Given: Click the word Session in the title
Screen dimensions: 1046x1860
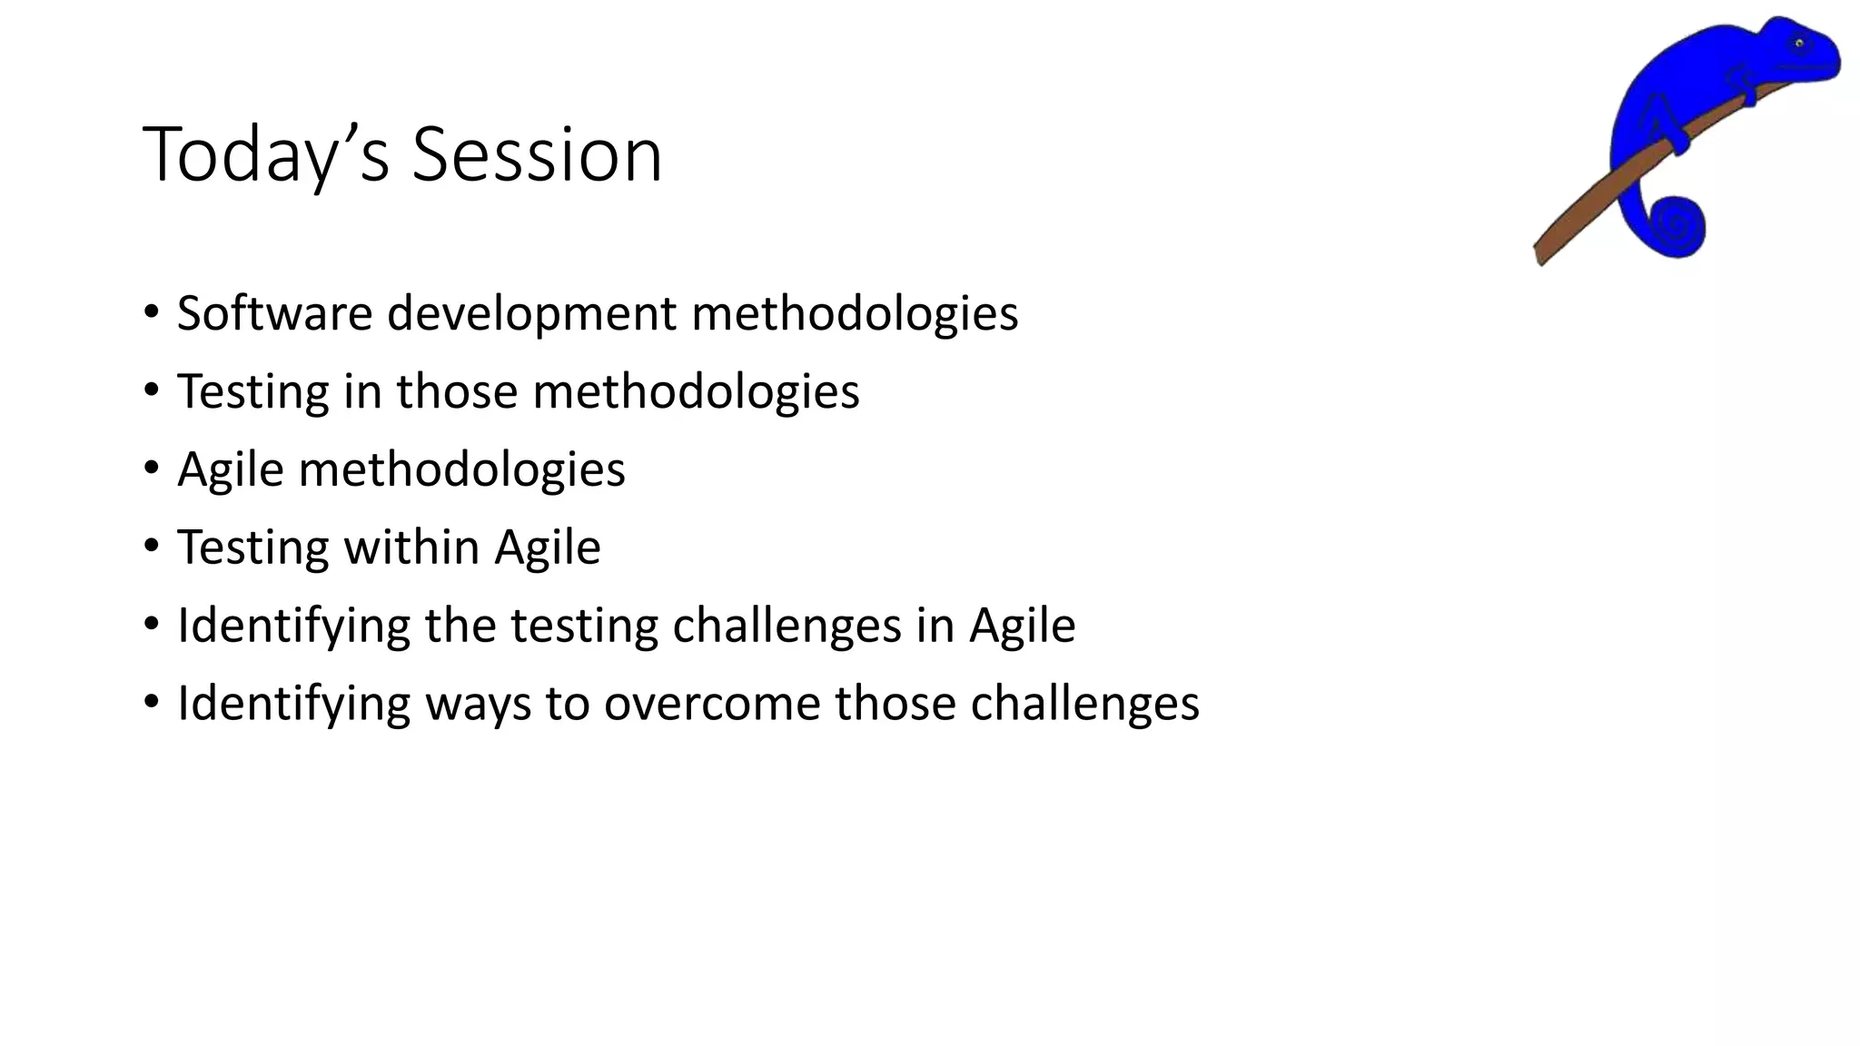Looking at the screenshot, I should pos(537,155).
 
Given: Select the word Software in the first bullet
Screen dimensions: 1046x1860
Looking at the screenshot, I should pos(274,313).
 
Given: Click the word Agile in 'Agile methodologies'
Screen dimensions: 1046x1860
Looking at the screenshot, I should pos(230,470).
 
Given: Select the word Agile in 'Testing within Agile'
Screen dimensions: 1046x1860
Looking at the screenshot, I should pos(547,548).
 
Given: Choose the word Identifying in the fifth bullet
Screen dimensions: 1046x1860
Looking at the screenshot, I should pos(292,627).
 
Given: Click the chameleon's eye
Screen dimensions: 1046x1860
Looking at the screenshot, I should pos(1798,43).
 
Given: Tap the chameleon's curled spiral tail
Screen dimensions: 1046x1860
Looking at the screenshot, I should pos(1676,224).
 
